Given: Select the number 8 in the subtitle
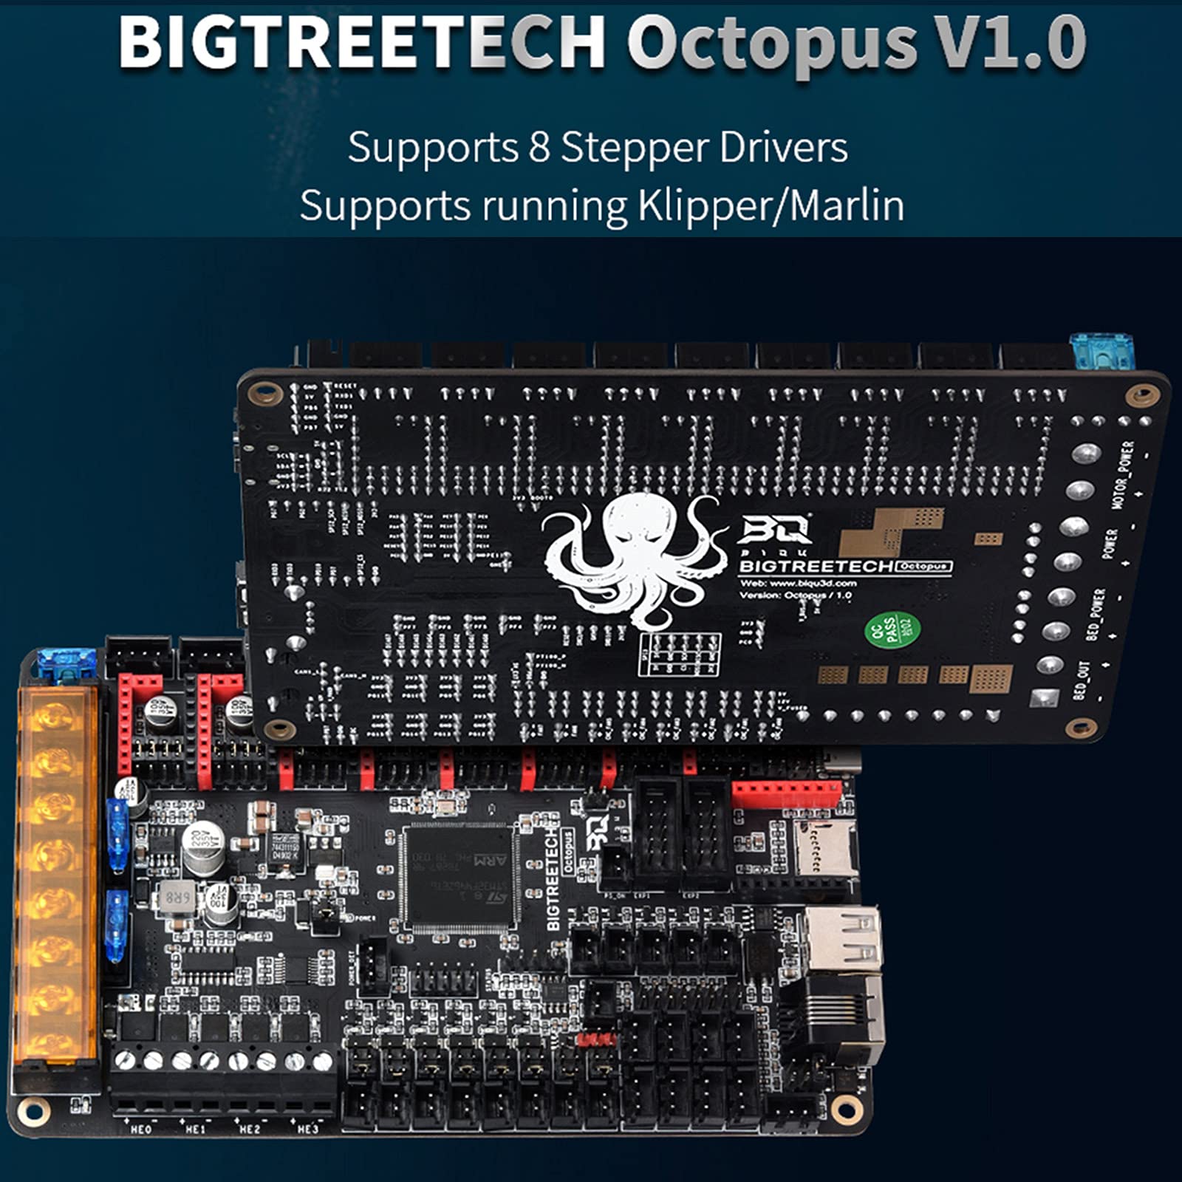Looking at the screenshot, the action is coord(539,148).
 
